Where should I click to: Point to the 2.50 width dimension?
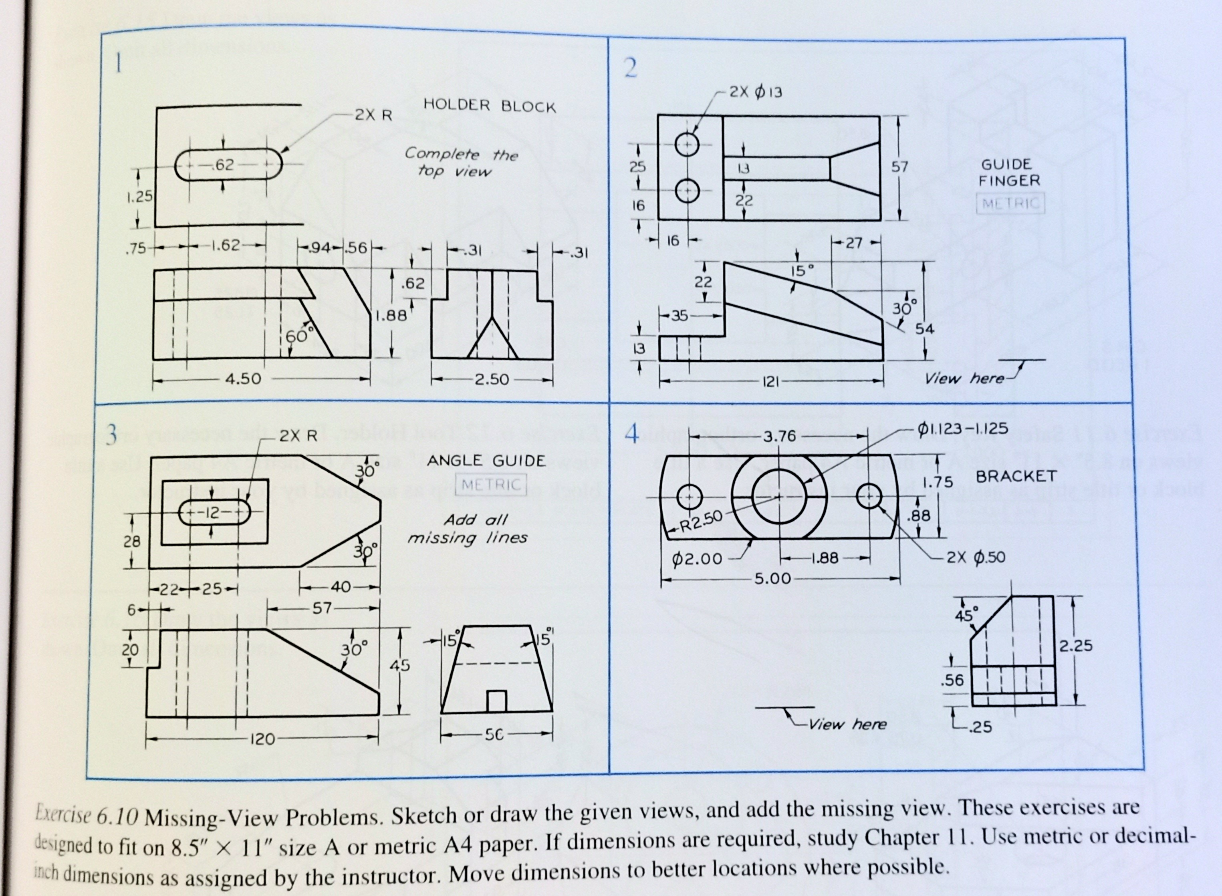(491, 379)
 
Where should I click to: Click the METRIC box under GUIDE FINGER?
(1010, 204)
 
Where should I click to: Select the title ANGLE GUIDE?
(486, 461)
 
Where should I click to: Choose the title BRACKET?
(1016, 476)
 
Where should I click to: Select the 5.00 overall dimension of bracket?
(773, 578)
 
